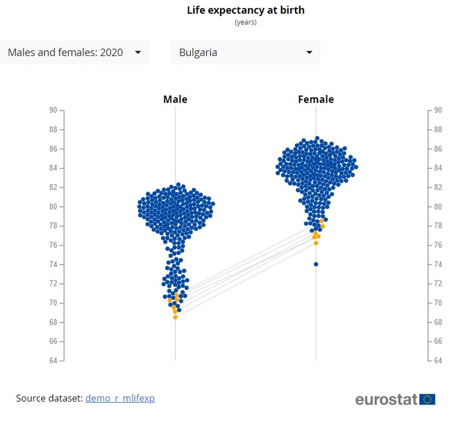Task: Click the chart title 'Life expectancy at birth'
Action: [x=245, y=10]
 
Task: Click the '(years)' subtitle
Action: [x=245, y=22]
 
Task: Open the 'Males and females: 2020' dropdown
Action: [x=74, y=53]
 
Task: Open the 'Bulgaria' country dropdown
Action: [x=245, y=53]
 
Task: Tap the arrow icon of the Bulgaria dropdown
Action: [x=309, y=53]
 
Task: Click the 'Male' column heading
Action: [x=175, y=100]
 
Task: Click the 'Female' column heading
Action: [x=316, y=100]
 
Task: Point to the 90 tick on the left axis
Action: [x=53, y=110]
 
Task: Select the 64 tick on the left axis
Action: [x=53, y=361]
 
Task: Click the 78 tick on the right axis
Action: [x=438, y=226]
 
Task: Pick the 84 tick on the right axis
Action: [x=438, y=168]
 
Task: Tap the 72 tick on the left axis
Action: [x=53, y=284]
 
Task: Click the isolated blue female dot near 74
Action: [x=316, y=264]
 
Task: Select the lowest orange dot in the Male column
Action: [x=175, y=317]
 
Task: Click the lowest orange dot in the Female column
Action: [x=316, y=243]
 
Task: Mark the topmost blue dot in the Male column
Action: [x=178, y=185]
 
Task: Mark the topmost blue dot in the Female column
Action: [x=317, y=138]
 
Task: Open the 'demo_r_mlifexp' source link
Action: [x=120, y=398]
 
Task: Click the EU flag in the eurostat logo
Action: [x=428, y=399]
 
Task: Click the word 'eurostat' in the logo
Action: [x=386, y=399]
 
